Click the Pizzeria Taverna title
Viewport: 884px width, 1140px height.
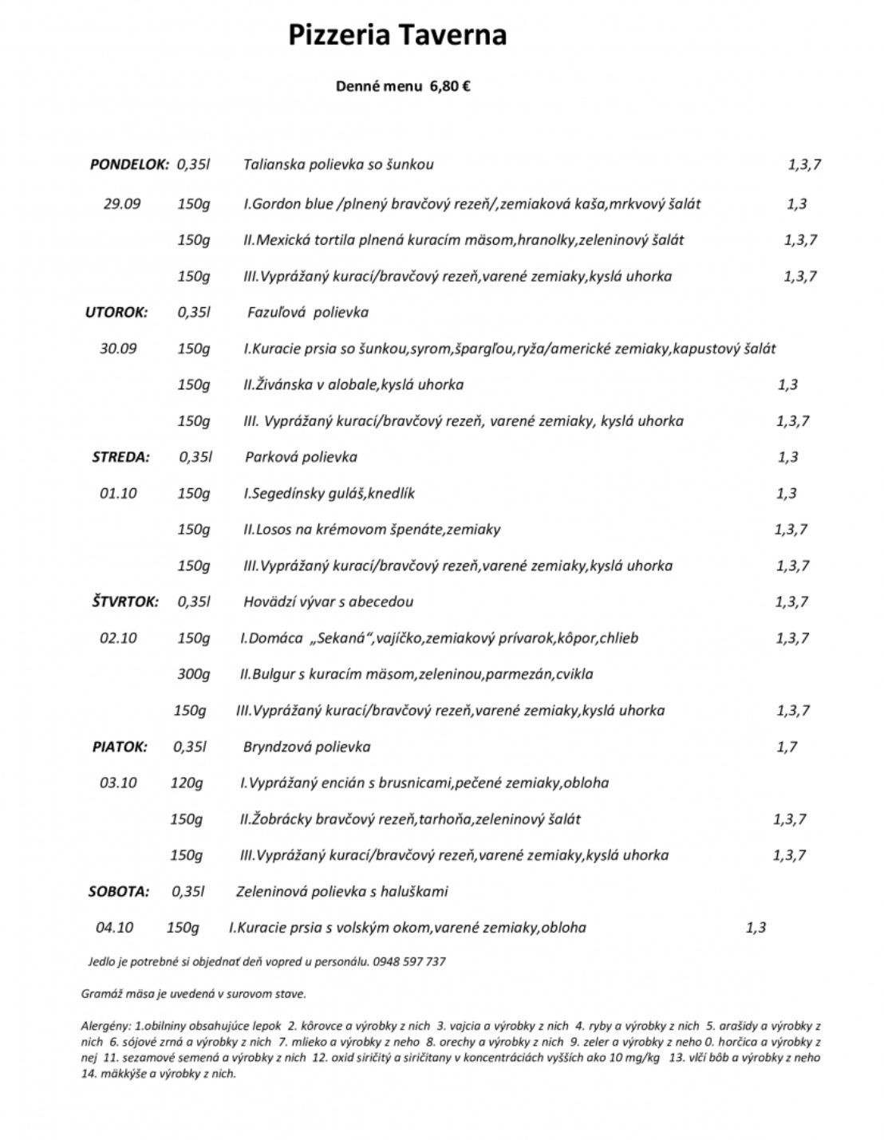pyautogui.click(x=397, y=36)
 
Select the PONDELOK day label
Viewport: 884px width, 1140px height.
pyautogui.click(x=129, y=165)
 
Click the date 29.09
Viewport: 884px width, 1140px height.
pyautogui.click(x=121, y=204)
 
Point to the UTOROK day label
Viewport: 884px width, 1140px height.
pyautogui.click(x=116, y=313)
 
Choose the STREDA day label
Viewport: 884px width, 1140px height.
pyautogui.click(x=120, y=457)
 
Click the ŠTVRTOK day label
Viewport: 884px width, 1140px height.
pyautogui.click(x=124, y=602)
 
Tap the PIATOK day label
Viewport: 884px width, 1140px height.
pyautogui.click(x=120, y=747)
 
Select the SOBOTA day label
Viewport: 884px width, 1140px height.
pyautogui.click(x=118, y=891)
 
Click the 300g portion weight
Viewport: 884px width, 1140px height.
pyautogui.click(x=193, y=674)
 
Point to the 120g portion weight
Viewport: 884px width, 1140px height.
pyautogui.click(x=186, y=783)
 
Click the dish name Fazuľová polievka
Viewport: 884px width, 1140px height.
pyautogui.click(x=308, y=313)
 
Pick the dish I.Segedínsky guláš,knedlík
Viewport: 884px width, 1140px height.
pyautogui.click(x=329, y=493)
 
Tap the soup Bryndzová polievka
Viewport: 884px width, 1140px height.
pyautogui.click(x=306, y=747)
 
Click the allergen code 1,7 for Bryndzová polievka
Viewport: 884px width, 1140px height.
pyautogui.click(x=786, y=747)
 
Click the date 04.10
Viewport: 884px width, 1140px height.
pyautogui.click(x=114, y=927)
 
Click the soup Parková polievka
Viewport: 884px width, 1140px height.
pyautogui.click(x=301, y=457)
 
